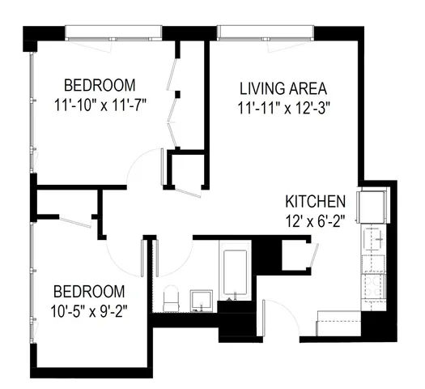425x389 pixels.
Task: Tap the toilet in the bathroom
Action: [x=171, y=301]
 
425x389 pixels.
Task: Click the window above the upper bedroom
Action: [x=113, y=32]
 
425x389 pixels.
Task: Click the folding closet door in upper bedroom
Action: [x=172, y=105]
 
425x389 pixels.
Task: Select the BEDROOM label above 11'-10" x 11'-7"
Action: [x=100, y=85]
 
